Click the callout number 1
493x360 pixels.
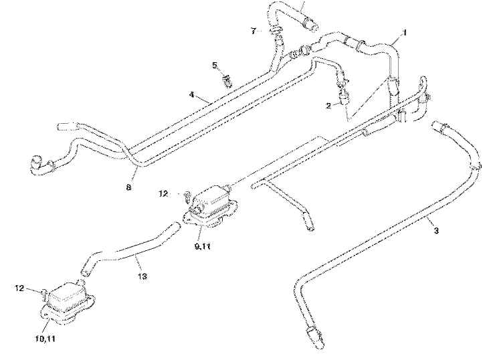(x=405, y=32)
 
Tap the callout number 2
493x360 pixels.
(x=328, y=106)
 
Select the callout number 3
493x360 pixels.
(x=436, y=230)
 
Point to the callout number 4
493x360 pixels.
(x=191, y=94)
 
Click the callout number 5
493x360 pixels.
(x=215, y=66)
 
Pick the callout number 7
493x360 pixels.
(x=254, y=31)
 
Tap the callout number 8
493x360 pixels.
(x=128, y=187)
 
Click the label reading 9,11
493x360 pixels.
(x=203, y=246)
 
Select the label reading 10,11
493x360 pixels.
(x=45, y=339)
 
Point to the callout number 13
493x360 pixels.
(x=142, y=276)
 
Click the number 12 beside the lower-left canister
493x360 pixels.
(x=19, y=288)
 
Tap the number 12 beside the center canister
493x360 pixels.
(x=163, y=194)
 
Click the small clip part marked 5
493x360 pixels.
(x=227, y=80)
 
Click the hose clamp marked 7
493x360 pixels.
(x=276, y=30)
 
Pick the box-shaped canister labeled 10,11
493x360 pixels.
(x=67, y=300)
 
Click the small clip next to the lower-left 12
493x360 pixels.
(x=45, y=294)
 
